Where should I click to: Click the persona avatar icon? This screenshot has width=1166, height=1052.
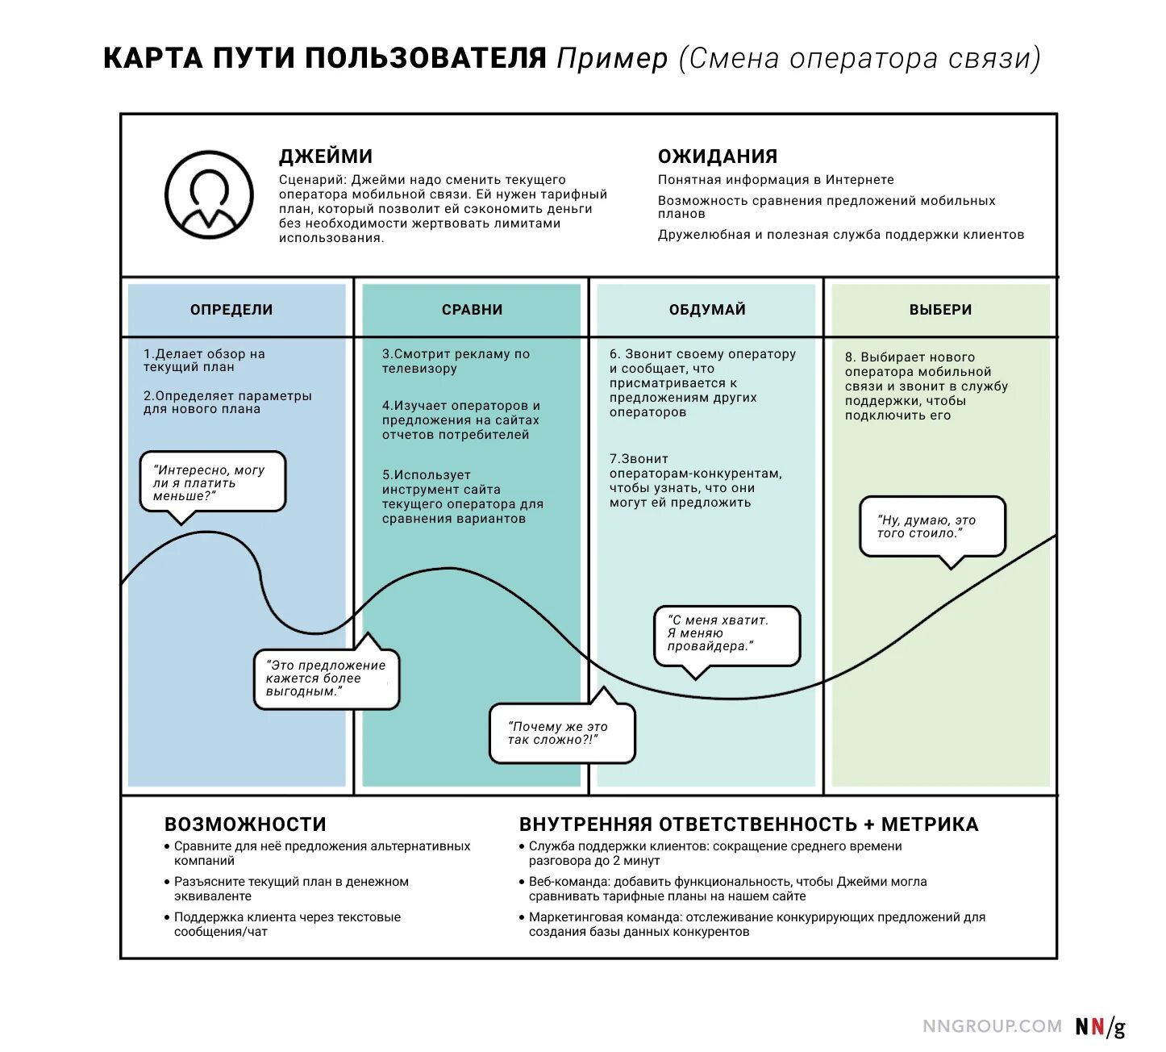(x=209, y=195)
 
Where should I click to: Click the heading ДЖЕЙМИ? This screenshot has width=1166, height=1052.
(x=326, y=157)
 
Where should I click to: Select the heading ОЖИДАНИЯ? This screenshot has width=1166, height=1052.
(x=718, y=157)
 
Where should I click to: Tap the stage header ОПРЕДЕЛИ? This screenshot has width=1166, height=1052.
(x=231, y=310)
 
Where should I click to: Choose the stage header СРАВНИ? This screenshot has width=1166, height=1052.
(x=472, y=310)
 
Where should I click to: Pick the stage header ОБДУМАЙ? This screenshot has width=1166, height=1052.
(x=707, y=310)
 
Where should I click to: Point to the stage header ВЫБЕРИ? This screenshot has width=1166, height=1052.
(x=940, y=310)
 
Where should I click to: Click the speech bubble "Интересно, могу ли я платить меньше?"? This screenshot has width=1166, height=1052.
(x=212, y=482)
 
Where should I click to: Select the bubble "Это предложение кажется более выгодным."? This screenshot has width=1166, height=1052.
(x=327, y=678)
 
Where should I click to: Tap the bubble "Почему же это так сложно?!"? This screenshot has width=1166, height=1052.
(x=562, y=733)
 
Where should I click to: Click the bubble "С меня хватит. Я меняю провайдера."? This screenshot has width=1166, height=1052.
(x=727, y=634)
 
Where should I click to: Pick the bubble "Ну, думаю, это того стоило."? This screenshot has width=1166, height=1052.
(x=932, y=527)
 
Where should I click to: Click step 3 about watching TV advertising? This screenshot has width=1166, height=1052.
(x=456, y=361)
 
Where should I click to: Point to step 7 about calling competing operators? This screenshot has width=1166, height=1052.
(x=695, y=481)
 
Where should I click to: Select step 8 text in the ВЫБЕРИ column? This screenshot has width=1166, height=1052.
(x=926, y=386)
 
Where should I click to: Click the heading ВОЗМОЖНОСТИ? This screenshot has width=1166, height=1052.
(x=245, y=824)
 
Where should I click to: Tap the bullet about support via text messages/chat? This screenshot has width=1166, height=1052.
(x=287, y=925)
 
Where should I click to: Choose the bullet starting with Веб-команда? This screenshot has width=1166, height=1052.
(x=727, y=889)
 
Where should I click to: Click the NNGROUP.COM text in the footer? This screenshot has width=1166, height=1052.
(x=992, y=1026)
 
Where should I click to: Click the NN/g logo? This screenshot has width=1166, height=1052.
(x=1100, y=1027)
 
